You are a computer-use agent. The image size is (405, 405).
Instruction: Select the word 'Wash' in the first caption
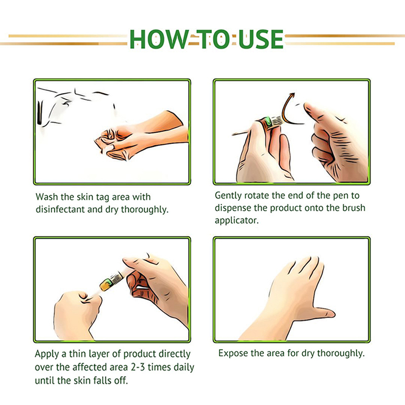click(x=47, y=197)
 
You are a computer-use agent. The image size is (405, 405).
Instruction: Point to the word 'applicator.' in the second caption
click(x=236, y=220)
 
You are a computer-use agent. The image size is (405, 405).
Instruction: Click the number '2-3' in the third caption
click(x=138, y=367)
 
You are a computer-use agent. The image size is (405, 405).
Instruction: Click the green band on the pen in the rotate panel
click(x=268, y=121)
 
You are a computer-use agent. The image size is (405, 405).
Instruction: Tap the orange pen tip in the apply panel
click(x=105, y=285)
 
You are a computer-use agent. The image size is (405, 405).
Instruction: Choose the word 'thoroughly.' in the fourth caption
click(x=341, y=353)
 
